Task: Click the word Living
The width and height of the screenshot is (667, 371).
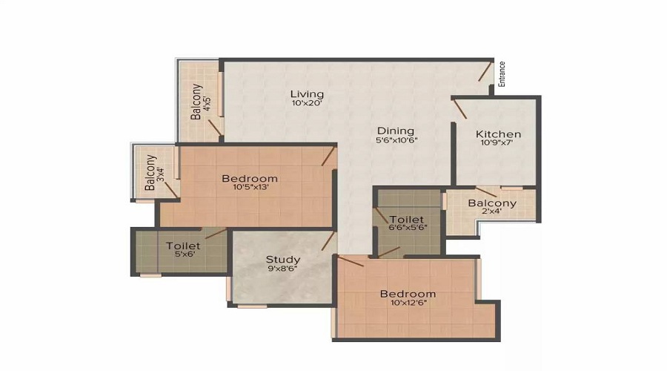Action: (x=307, y=94)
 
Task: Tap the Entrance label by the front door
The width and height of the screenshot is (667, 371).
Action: (x=502, y=74)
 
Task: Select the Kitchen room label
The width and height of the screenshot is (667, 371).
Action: (x=498, y=134)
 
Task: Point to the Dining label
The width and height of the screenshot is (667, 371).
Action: (x=395, y=131)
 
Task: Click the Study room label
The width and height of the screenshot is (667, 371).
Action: (x=283, y=260)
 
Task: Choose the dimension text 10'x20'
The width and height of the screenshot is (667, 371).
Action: (x=307, y=104)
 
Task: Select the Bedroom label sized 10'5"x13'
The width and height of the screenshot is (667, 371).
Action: (x=250, y=178)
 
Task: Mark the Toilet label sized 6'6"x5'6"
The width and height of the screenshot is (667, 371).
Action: (x=407, y=220)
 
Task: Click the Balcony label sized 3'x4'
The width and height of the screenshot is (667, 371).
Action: (x=150, y=172)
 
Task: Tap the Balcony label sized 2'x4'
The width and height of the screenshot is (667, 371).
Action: (x=492, y=203)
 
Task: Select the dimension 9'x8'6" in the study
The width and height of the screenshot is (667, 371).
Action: (x=283, y=270)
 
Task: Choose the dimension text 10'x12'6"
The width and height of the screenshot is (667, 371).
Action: (x=404, y=303)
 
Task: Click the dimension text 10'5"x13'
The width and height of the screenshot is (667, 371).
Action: (x=250, y=188)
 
